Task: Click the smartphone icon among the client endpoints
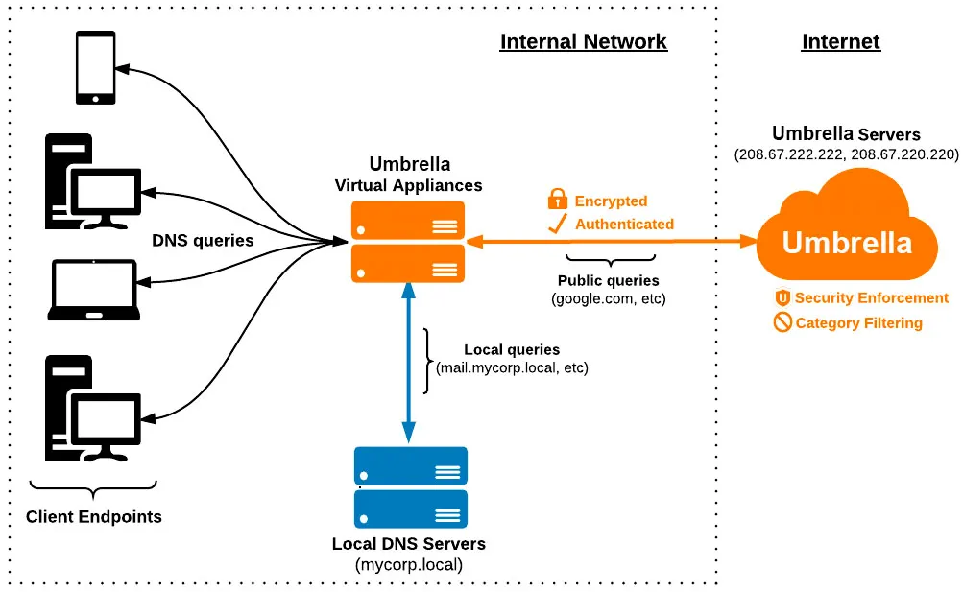tap(96, 67)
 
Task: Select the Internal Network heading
tap(583, 42)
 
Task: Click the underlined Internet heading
tap(840, 42)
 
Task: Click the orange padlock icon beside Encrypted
tap(557, 200)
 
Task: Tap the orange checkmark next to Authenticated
tap(557, 225)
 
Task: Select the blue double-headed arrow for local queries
tap(409, 364)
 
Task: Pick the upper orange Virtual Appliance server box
tap(408, 220)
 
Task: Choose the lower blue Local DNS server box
tap(411, 509)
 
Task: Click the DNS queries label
tap(203, 241)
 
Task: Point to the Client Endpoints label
tap(94, 517)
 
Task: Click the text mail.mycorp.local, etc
tap(512, 367)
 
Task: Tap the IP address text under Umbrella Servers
tap(846, 154)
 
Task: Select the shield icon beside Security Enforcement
tap(782, 298)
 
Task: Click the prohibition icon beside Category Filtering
tap(782, 323)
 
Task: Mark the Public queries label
tap(608, 281)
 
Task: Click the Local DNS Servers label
tap(409, 544)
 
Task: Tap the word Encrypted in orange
tap(611, 201)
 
